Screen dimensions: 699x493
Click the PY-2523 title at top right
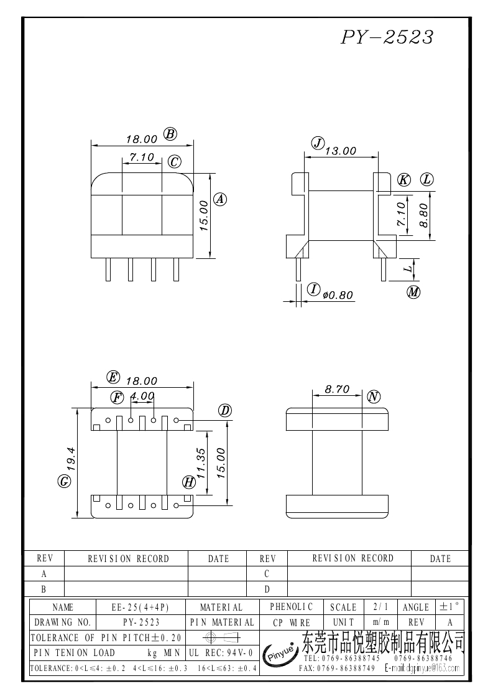(x=386, y=37)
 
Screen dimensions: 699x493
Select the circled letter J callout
(x=318, y=143)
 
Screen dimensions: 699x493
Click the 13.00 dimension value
(x=341, y=151)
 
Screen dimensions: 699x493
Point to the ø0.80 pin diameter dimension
(x=338, y=295)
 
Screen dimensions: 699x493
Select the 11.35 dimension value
(x=200, y=463)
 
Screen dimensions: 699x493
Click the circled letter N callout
(x=373, y=396)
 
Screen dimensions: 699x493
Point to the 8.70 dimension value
(x=337, y=390)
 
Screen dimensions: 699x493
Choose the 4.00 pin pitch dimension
(x=142, y=396)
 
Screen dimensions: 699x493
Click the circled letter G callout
(x=63, y=481)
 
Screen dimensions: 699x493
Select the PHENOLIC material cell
(x=292, y=606)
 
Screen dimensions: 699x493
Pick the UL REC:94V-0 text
(x=220, y=652)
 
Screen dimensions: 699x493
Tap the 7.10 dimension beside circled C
(x=142, y=157)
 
